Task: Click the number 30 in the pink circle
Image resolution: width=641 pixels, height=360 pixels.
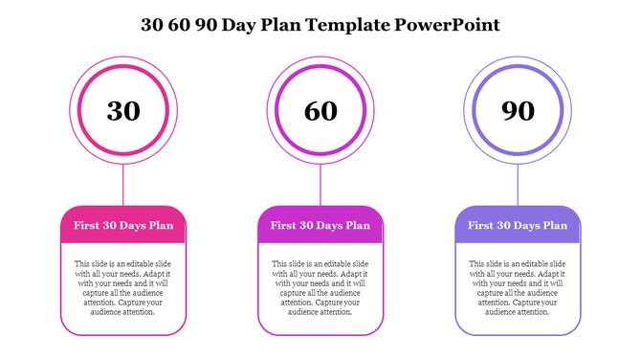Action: click(123, 111)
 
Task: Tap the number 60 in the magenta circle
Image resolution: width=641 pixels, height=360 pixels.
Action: click(320, 111)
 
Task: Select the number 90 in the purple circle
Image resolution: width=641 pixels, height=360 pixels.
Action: click(518, 111)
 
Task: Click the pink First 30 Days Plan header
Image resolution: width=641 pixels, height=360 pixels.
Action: click(123, 226)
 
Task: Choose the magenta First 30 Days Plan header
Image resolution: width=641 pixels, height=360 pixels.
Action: click(320, 226)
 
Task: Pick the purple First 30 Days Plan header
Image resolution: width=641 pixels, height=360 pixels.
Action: click(518, 226)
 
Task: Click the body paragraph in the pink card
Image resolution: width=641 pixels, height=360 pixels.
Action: click(123, 287)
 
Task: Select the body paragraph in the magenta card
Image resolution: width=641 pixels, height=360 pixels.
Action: click(320, 287)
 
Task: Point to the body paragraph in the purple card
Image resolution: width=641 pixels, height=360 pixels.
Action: click(518, 287)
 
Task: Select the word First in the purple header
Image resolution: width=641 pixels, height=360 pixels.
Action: click(481, 226)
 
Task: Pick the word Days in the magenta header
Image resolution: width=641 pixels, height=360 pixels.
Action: click(328, 226)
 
